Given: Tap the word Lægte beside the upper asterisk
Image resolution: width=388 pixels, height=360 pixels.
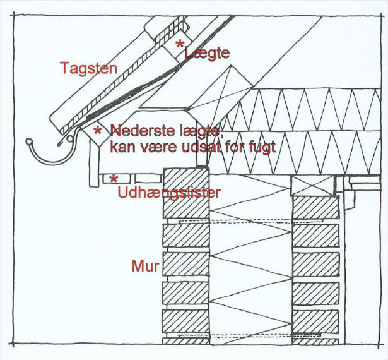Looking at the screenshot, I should (x=207, y=54).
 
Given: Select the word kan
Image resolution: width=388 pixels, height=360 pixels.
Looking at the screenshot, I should (x=123, y=147).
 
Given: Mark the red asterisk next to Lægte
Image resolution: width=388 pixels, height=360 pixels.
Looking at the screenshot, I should (x=180, y=44).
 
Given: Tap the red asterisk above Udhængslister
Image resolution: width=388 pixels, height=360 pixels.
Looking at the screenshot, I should (x=114, y=179).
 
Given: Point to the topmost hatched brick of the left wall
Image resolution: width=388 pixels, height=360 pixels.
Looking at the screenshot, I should (x=185, y=178).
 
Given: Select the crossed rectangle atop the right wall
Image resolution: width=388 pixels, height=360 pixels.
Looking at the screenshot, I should (x=312, y=185).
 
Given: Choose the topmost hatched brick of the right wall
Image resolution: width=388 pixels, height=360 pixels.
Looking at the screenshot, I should (x=314, y=207).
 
